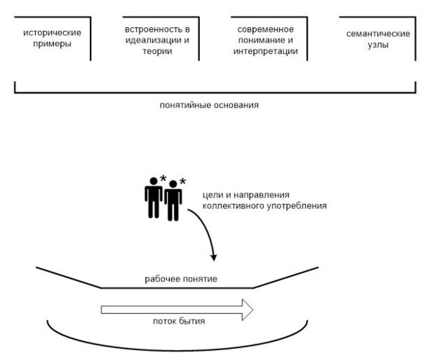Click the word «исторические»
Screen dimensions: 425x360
[x=52, y=33]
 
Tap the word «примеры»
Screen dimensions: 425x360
[x=52, y=44]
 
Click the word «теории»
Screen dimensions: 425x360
[x=157, y=52]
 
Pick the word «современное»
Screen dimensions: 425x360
[x=265, y=29]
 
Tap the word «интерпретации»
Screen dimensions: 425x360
[x=265, y=51]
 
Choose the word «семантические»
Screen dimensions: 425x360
[x=378, y=34]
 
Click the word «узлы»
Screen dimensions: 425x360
[x=378, y=45]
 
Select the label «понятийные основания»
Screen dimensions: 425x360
[x=209, y=105]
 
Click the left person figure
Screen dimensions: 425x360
[x=153, y=198]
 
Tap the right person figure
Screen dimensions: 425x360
[x=173, y=200]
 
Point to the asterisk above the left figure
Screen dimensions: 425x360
[x=163, y=178]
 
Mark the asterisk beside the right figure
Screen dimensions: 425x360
[x=183, y=181]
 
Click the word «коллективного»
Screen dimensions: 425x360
[x=234, y=206]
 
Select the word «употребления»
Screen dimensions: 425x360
[x=297, y=206]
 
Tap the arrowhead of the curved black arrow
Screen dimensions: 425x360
[x=214, y=258]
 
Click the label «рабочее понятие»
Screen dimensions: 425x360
[x=181, y=280]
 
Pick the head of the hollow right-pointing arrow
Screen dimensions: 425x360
[x=247, y=310]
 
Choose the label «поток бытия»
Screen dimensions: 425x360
[x=179, y=321]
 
